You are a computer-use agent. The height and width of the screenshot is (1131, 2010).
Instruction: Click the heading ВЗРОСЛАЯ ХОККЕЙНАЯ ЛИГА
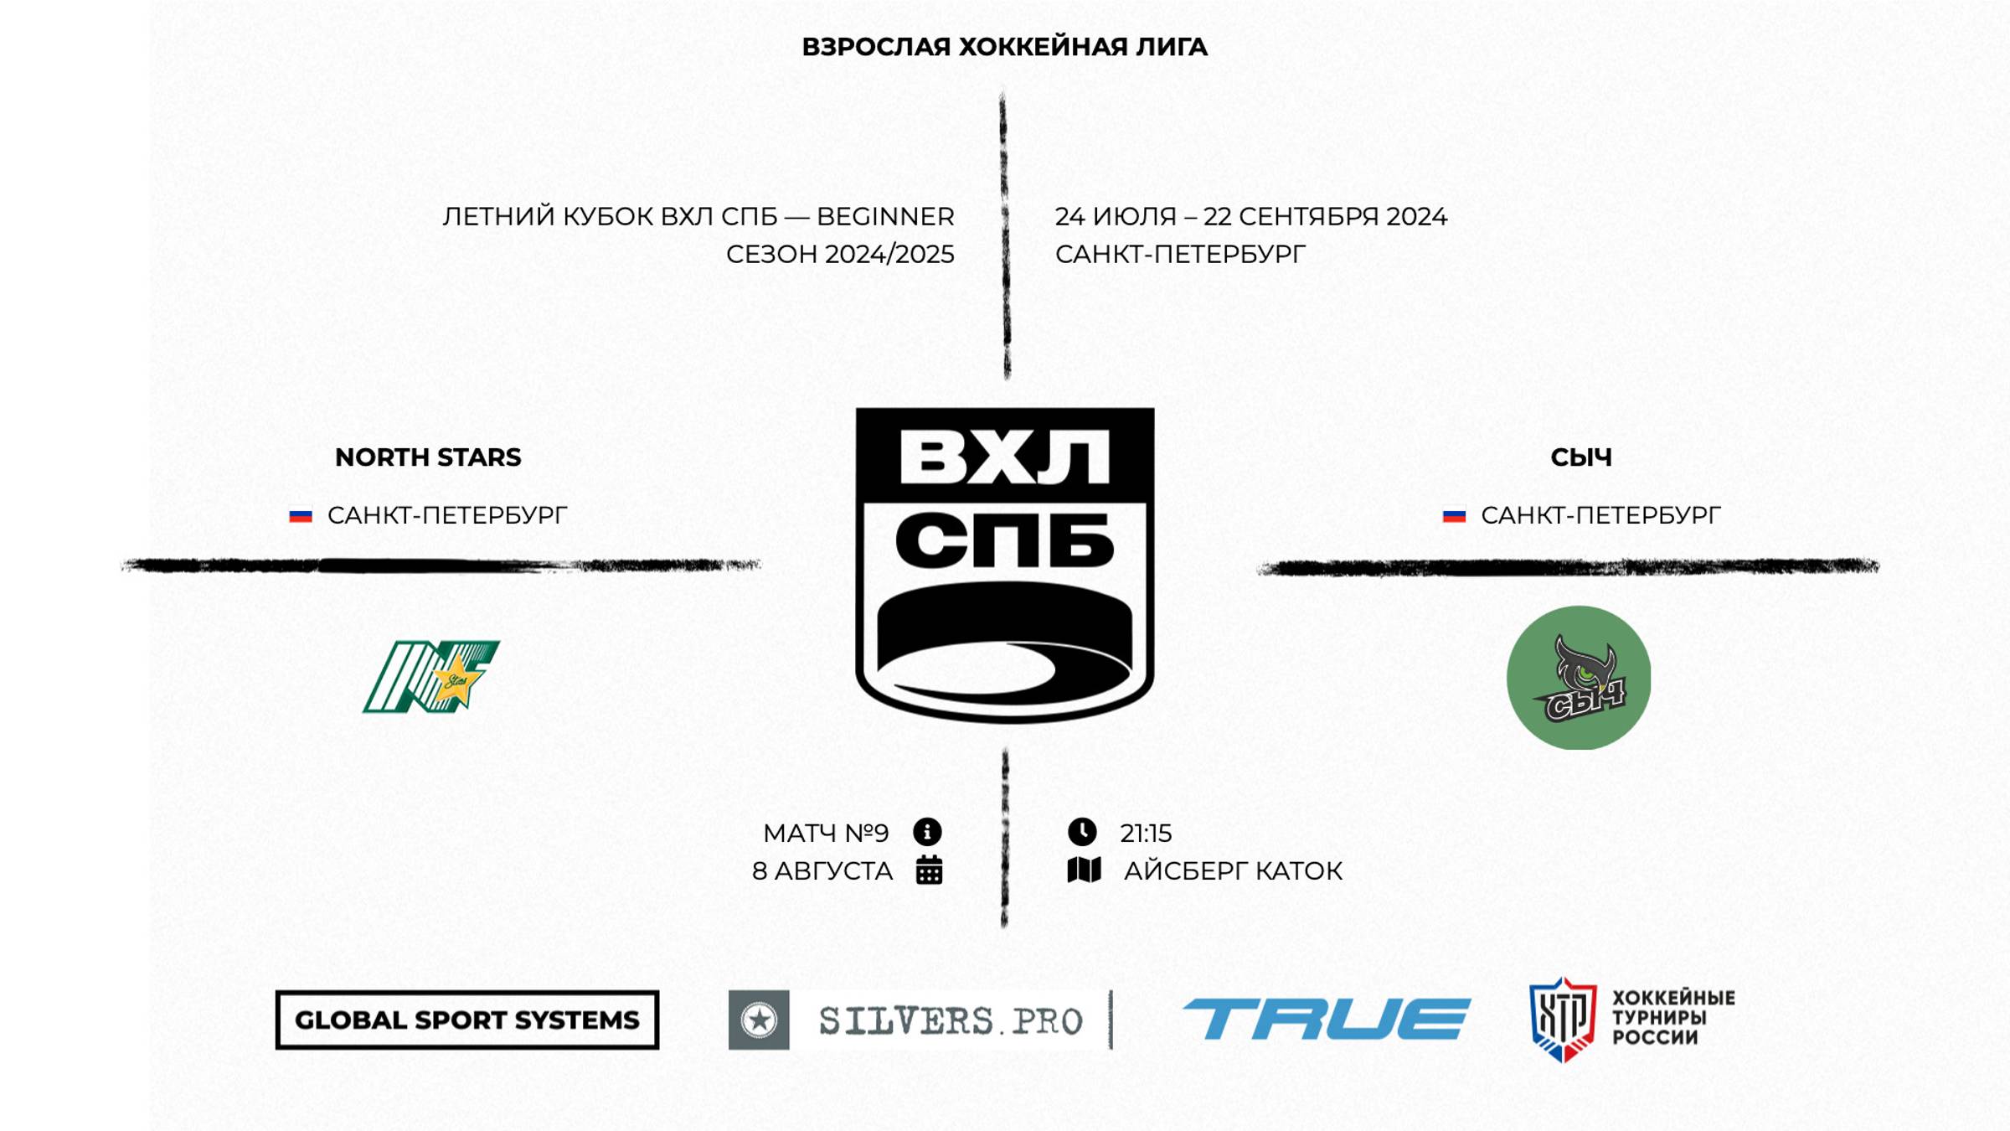point(1004,47)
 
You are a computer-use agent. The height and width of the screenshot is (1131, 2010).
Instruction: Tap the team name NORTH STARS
point(428,457)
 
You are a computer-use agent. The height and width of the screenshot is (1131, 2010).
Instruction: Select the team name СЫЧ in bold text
point(1580,457)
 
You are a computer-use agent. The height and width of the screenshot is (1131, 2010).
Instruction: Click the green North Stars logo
point(430,677)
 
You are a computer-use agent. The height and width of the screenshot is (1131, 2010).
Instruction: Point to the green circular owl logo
point(1579,677)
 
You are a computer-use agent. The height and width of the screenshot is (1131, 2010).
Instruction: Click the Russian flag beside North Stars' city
point(301,516)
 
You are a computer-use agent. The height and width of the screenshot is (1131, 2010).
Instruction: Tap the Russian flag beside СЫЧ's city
point(1454,516)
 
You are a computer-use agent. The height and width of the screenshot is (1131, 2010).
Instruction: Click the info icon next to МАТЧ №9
point(927,832)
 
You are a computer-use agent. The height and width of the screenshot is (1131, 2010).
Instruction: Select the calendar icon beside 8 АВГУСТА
point(929,870)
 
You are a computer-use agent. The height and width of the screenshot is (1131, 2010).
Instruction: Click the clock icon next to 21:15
point(1082,832)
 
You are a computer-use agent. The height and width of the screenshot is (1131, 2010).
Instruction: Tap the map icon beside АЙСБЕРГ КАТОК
point(1085,870)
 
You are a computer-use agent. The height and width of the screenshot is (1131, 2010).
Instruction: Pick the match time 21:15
point(1146,834)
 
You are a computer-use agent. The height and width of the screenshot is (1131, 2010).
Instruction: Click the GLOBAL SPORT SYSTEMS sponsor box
point(467,1020)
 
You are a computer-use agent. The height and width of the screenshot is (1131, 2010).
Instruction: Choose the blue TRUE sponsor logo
point(1326,1019)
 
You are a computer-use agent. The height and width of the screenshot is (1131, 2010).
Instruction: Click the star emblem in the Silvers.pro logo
point(759,1020)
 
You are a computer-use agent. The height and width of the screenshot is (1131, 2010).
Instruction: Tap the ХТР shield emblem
point(1562,1019)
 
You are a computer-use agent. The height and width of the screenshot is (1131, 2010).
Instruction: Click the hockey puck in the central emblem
point(1004,641)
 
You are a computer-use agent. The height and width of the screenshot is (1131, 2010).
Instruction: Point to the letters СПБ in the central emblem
point(1004,540)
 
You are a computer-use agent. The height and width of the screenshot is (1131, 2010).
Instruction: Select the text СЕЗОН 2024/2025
point(840,255)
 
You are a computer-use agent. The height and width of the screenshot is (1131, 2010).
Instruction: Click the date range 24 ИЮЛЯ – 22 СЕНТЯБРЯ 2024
point(1250,217)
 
